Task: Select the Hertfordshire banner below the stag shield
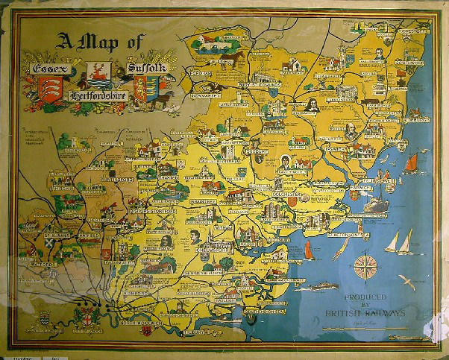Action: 98,98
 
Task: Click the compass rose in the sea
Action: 365,265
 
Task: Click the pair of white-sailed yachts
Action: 398,241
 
